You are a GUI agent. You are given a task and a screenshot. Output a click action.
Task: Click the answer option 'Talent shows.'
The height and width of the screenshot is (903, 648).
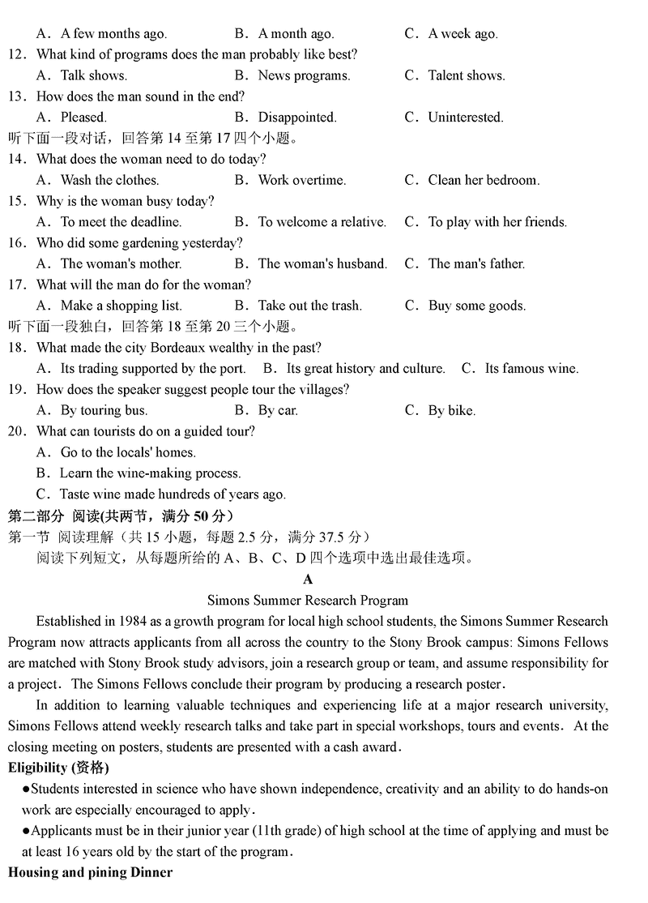tap(466, 75)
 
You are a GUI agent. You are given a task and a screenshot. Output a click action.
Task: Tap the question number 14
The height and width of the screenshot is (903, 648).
tap(17, 160)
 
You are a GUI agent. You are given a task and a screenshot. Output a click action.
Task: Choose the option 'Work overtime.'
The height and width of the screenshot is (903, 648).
tap(301, 180)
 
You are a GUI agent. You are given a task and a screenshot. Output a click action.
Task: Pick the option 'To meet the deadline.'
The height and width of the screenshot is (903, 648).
tap(121, 222)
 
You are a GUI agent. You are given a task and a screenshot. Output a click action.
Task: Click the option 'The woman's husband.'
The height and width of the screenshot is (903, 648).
tap(322, 263)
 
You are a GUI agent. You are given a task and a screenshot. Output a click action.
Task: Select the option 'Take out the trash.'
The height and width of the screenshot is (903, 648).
tap(309, 306)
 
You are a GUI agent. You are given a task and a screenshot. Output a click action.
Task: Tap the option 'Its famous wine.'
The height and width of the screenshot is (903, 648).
tap(531, 369)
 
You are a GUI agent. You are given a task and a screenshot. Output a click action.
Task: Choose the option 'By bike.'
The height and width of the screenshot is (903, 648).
tap(451, 410)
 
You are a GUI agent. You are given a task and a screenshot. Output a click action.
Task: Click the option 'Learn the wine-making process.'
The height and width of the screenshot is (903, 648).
tap(150, 473)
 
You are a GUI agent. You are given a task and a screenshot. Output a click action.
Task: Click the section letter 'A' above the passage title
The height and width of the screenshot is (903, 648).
tap(308, 580)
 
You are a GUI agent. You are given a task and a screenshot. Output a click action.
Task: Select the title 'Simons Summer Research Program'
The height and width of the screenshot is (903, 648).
tap(308, 601)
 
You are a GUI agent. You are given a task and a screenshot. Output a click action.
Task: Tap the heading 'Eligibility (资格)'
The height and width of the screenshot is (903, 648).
tap(58, 768)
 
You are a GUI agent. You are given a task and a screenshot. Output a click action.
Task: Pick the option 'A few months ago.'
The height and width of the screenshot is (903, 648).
tap(113, 34)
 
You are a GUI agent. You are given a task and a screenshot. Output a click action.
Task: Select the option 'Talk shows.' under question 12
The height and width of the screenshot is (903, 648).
tap(93, 75)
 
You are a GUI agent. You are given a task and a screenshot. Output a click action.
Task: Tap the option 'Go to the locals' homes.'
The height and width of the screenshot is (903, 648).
tap(128, 452)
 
